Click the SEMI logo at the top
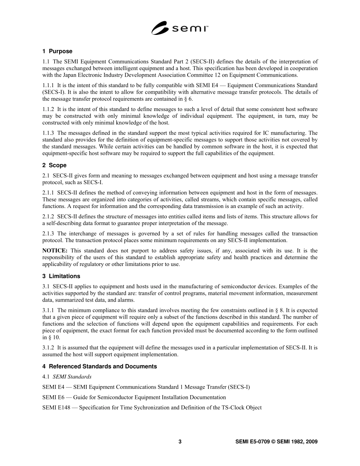pos(180,28)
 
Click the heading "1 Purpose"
pos(57,51)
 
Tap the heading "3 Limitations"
pos(61,276)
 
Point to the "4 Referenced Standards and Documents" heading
pos(100,366)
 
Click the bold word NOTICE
pos(55,251)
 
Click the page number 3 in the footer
pos(180,442)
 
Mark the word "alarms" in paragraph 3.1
pos(125,300)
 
